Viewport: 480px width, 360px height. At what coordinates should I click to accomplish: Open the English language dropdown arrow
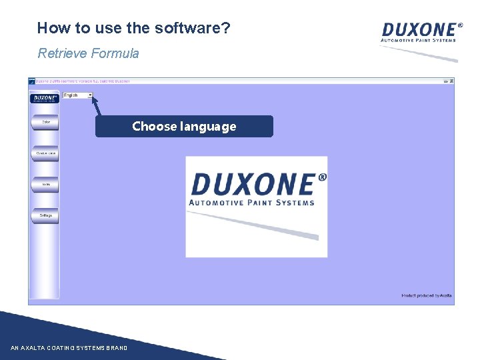pos(90,95)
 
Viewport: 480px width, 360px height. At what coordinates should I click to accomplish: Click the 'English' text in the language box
pos(71,95)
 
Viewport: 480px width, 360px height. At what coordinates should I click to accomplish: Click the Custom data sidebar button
pos(46,153)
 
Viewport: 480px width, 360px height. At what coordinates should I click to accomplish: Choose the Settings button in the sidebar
pos(46,216)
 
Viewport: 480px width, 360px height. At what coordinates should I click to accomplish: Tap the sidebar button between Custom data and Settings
pos(46,185)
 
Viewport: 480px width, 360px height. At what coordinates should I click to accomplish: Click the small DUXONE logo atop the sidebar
pos(45,98)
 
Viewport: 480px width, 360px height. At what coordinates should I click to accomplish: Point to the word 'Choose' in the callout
pos(155,126)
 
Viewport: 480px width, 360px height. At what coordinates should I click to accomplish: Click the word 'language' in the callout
pos(208,127)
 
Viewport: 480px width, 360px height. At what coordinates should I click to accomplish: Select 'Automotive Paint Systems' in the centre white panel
pos(251,203)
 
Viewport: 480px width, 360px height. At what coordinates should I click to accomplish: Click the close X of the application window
pos(451,81)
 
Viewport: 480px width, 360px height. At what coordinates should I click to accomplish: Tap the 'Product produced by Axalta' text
pos(426,295)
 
